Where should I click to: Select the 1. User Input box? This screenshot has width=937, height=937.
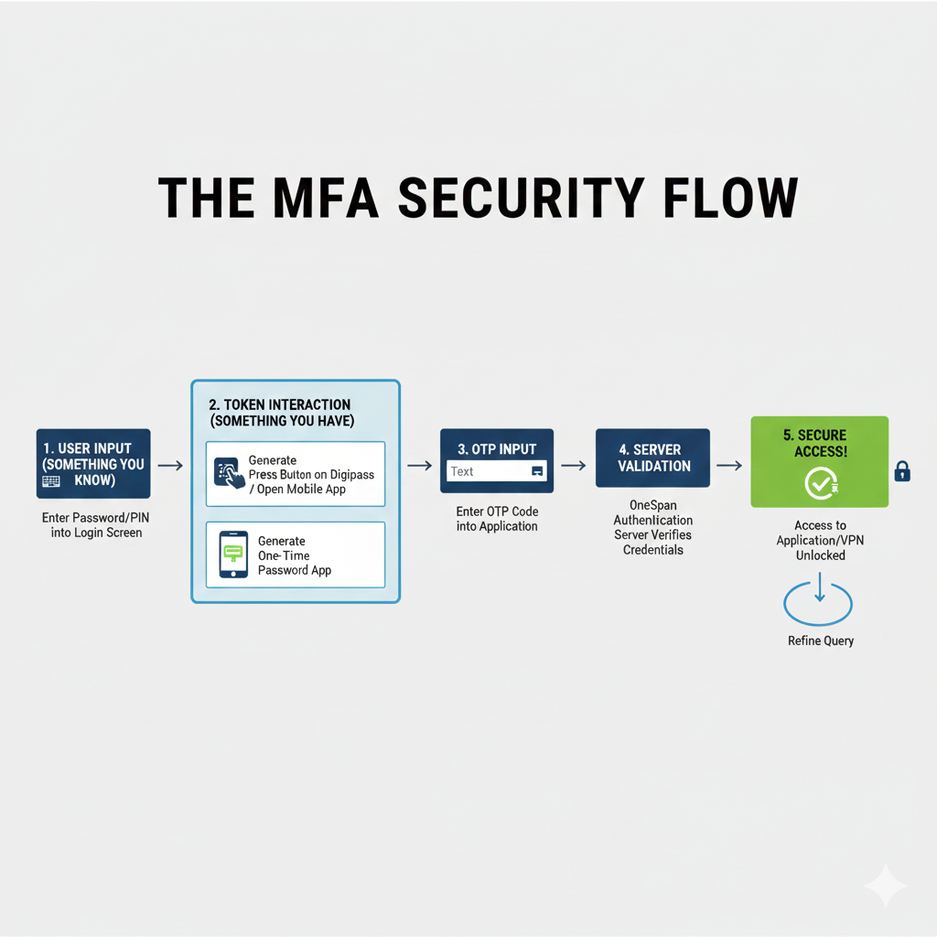click(93, 464)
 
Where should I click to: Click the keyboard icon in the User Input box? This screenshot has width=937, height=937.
click(51, 480)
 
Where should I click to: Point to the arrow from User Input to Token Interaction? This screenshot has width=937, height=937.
click(170, 466)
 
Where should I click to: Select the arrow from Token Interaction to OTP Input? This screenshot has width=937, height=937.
click(419, 466)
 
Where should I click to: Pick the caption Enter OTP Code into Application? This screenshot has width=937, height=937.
click(497, 519)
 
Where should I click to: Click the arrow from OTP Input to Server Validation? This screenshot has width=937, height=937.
click(574, 466)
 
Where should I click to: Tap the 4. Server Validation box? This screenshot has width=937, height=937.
click(652, 458)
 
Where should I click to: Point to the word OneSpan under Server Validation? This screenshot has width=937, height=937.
click(653, 505)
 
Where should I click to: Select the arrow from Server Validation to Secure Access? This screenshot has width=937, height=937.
click(729, 466)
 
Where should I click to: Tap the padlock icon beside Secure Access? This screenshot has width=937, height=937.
click(902, 471)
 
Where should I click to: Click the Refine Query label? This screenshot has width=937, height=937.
click(821, 641)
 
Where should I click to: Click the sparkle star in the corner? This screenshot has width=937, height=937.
click(886, 885)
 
